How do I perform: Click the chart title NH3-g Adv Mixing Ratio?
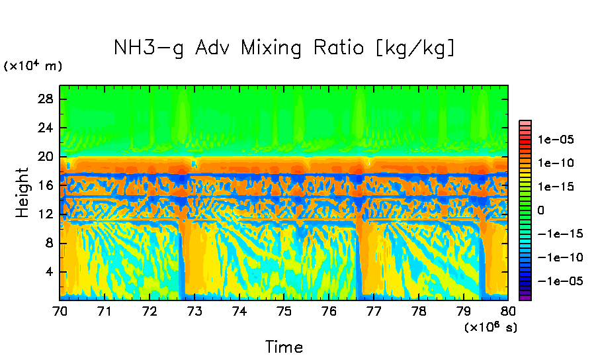click(284, 48)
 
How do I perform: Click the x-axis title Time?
click(284, 346)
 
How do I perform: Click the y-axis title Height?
click(22, 193)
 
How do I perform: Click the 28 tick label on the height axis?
click(46, 99)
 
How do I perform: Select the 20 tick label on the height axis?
click(46, 157)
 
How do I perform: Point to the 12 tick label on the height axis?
click(46, 214)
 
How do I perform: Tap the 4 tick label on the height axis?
click(49, 272)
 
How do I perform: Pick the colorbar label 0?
click(541, 210)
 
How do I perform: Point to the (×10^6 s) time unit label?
click(490, 328)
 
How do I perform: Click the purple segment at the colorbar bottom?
click(525, 297)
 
